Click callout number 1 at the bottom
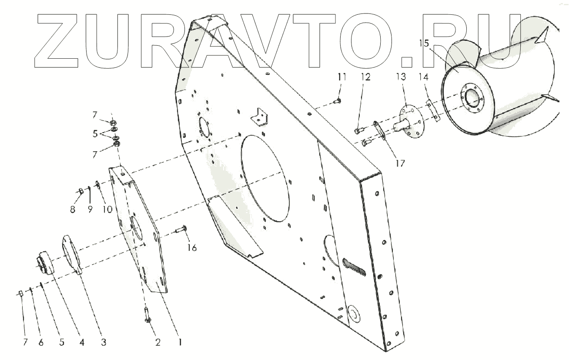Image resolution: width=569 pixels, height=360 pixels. [x=178, y=342]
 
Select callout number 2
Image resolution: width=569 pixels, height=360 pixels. [x=157, y=342]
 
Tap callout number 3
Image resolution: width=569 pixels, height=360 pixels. [x=103, y=342]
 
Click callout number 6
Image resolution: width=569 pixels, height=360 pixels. [x=41, y=342]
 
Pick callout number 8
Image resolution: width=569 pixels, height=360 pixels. [x=73, y=209]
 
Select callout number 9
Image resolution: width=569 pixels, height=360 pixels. [x=90, y=209]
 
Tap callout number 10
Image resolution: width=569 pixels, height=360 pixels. [x=107, y=209]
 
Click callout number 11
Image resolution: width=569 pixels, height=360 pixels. [x=341, y=77]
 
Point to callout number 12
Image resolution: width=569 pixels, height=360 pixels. [x=365, y=77]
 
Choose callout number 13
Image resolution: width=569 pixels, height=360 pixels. [x=400, y=77]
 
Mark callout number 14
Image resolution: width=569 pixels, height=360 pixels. [x=424, y=77]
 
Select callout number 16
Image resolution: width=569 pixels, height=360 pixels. [x=192, y=248]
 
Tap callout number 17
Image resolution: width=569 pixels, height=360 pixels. [x=400, y=163]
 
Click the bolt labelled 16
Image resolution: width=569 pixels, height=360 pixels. [x=181, y=230]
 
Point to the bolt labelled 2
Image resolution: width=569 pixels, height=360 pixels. [x=147, y=314]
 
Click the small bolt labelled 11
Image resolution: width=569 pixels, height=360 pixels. [x=336, y=101]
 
